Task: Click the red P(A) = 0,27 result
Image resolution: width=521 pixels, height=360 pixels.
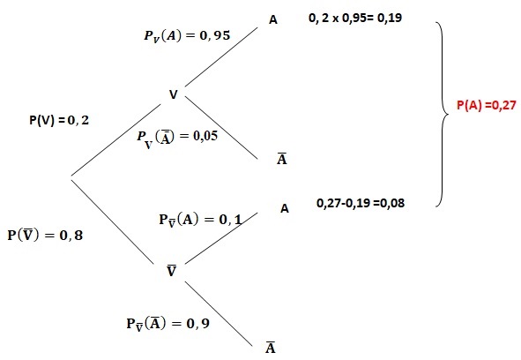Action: [487, 105]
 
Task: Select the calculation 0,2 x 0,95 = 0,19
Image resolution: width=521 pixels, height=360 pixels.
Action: [355, 18]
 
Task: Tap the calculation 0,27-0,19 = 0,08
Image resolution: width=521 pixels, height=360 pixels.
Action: [361, 203]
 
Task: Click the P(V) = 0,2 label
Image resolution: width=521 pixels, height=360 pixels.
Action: [59, 120]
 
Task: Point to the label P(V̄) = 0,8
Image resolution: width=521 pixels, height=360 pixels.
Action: [45, 235]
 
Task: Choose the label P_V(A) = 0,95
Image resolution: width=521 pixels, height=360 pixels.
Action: [187, 35]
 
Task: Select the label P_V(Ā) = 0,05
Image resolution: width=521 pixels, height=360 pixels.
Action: [177, 138]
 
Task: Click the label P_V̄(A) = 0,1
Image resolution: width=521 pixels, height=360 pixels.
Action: [201, 221]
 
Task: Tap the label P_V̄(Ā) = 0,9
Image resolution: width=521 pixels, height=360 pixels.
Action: [168, 324]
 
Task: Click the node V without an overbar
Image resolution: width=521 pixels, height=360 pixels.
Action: [174, 94]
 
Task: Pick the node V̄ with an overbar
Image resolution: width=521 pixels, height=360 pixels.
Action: [171, 271]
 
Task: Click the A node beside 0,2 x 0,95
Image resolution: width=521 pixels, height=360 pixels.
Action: [273, 20]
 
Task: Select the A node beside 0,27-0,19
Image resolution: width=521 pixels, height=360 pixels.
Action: [285, 208]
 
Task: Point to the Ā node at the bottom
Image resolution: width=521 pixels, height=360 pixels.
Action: [271, 347]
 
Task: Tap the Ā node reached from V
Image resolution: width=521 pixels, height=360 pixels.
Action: [282, 158]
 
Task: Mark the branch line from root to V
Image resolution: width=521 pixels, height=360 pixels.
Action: [116, 139]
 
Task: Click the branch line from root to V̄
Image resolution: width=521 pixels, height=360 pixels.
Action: [113, 222]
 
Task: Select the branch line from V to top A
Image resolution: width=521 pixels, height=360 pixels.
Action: [221, 56]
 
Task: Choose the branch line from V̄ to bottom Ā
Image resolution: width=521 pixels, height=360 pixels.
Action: [219, 313]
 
